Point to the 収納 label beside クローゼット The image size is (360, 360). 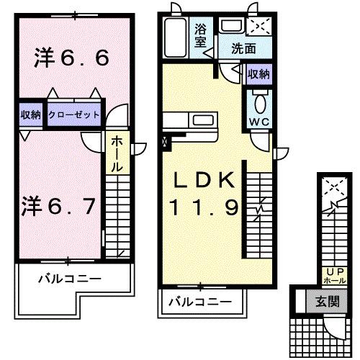(30, 115)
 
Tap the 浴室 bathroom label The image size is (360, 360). (202, 36)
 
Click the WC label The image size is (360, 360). (258, 121)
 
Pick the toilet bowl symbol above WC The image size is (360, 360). (259, 99)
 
